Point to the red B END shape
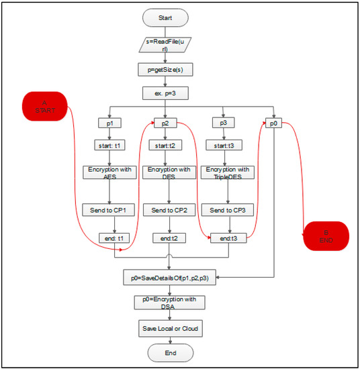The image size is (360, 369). pyautogui.click(x=327, y=235)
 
